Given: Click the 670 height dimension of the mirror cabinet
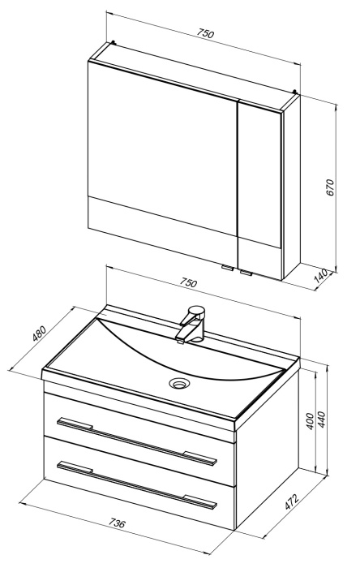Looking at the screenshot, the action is [331, 187].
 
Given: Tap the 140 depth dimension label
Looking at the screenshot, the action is [320, 276].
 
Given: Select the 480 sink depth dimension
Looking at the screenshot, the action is [39, 334].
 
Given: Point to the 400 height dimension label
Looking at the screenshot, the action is [310, 421].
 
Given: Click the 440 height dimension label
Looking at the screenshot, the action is [322, 420].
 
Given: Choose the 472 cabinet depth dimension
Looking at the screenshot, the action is [292, 501].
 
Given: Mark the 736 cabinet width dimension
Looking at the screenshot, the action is [117, 523].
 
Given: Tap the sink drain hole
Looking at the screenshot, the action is [179, 383].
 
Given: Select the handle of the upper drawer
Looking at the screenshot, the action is [137, 441].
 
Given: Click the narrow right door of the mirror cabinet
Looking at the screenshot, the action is [259, 189].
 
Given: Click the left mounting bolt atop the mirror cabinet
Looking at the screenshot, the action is [114, 42].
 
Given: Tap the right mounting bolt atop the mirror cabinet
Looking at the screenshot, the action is [295, 92].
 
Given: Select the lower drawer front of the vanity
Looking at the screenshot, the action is [139, 482].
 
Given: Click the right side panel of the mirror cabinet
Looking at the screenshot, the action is [291, 186].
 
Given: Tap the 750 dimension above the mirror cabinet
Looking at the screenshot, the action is [206, 33].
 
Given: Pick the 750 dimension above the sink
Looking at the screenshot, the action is [188, 282].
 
